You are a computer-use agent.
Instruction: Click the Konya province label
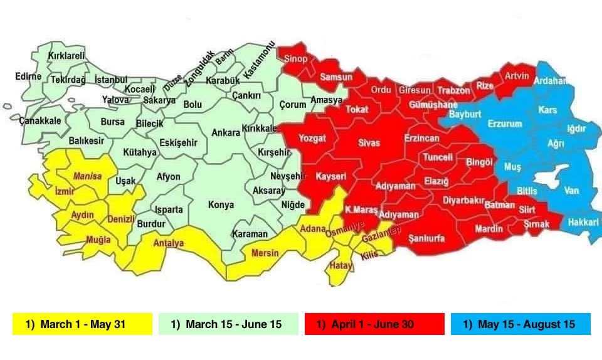pos(221,205)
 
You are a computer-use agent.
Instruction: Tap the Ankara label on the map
pos(226,133)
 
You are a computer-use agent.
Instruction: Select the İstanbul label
pos(111,80)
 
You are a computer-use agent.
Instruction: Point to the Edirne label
pos(28,77)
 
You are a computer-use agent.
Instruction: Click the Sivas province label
pos(369,143)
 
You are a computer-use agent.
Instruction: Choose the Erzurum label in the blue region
pos(504,124)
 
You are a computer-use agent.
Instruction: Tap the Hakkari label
pos(583,223)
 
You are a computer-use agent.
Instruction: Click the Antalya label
pos(169,243)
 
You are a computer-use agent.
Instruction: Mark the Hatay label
pos(341,266)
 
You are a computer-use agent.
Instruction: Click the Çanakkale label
pos(40,120)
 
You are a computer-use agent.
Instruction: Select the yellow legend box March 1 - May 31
pos(82,324)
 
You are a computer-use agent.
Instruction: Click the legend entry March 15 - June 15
pos(228,324)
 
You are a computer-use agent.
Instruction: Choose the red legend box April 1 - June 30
pos(374,324)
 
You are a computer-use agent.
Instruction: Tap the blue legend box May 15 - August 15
pos(520,324)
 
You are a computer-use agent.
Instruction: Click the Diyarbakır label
pos(465,201)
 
